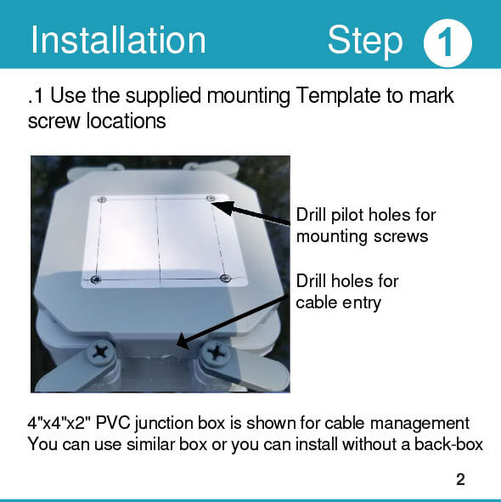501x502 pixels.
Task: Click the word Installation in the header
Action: click(118, 40)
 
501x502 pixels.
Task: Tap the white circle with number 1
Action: click(448, 43)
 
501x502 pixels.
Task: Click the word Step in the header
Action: click(365, 41)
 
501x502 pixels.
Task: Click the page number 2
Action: click(460, 480)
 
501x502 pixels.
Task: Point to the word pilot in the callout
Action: click(348, 215)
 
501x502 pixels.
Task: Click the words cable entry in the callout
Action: click(338, 302)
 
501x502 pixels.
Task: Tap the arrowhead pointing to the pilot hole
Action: click(223, 206)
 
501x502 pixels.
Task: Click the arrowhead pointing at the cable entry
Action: click(183, 341)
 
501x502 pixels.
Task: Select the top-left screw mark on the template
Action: click(102, 200)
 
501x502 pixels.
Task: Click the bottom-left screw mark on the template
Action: click(95, 279)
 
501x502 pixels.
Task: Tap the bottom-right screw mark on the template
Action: click(225, 278)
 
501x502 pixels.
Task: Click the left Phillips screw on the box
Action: click(101, 353)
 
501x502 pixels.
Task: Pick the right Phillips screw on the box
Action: click(217, 353)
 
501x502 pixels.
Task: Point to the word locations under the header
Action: click(127, 121)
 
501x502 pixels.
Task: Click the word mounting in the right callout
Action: click(332, 237)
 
